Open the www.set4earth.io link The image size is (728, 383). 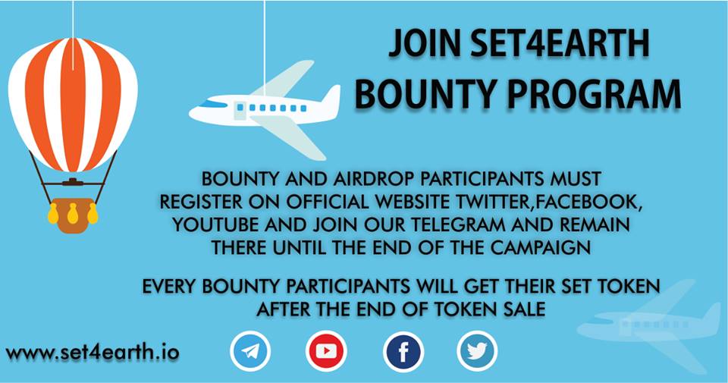(x=93, y=353)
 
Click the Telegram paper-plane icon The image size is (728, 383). (x=249, y=351)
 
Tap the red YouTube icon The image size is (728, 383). (x=326, y=351)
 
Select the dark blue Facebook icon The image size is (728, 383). (x=403, y=351)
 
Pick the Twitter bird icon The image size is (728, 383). (x=477, y=351)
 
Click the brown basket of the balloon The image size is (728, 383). (x=74, y=215)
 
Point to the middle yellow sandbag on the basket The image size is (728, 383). (x=73, y=213)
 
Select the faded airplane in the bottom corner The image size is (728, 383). (x=652, y=322)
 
